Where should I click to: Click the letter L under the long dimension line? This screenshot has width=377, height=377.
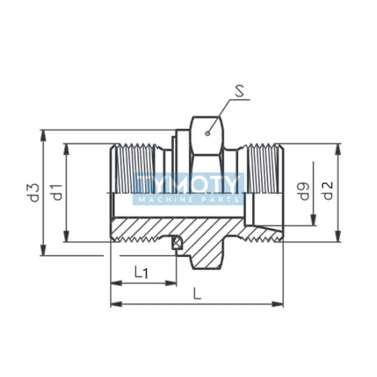pos(197,293)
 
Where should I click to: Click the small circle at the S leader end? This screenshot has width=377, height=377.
pos(207,133)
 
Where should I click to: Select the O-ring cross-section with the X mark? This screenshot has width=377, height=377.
pos(176,243)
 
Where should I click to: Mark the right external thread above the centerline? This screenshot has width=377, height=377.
pos(264,167)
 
